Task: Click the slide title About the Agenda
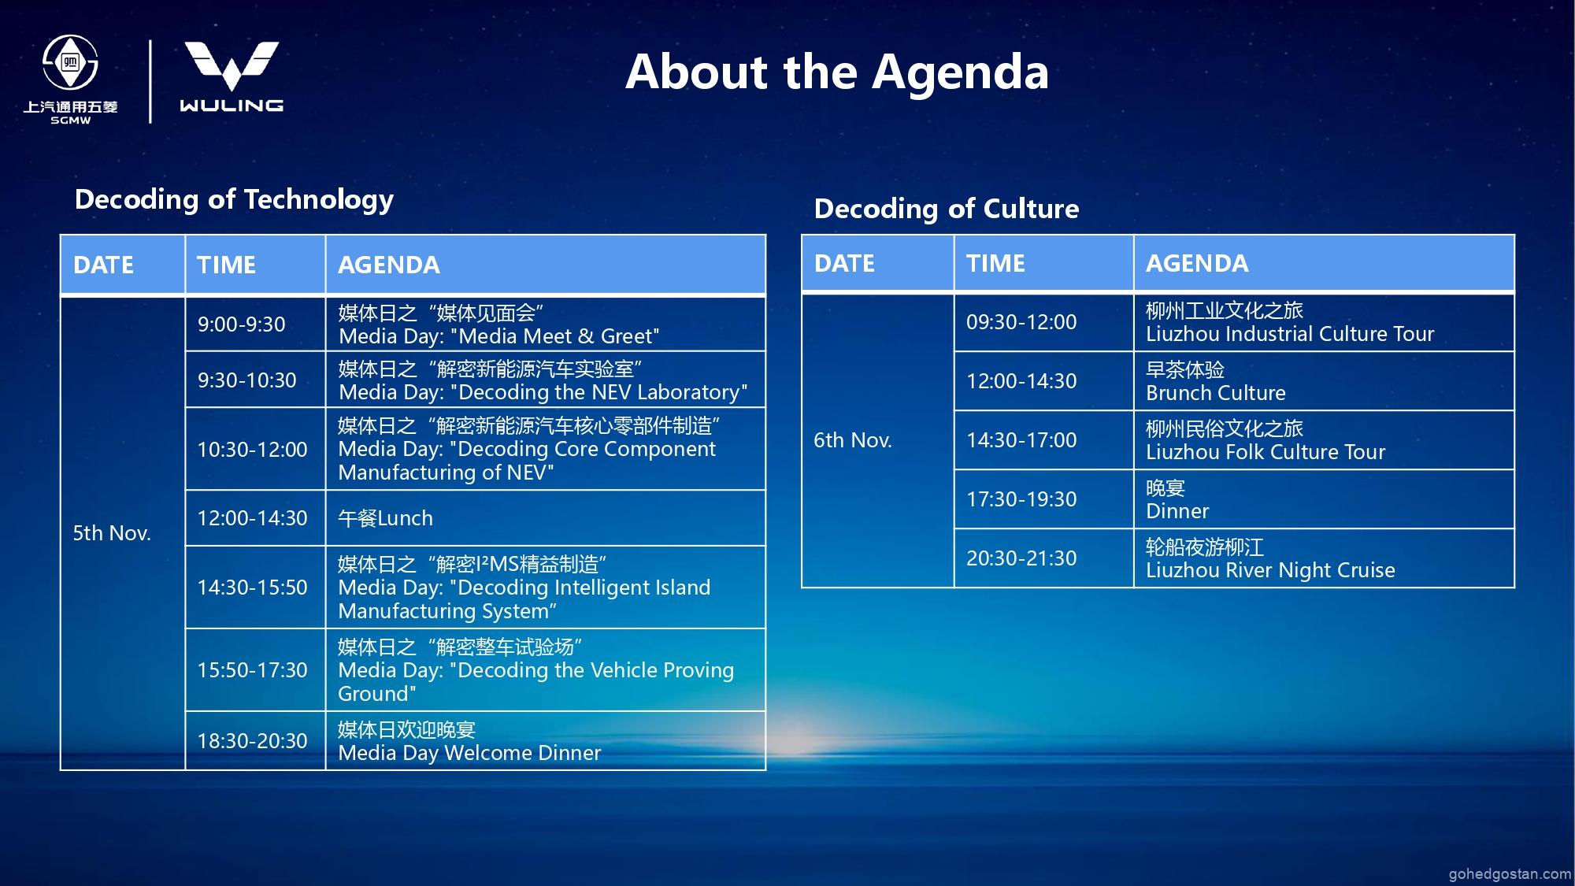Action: coord(837,72)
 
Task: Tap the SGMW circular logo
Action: coord(70,62)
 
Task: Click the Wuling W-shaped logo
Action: coord(232,65)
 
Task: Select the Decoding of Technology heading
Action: coord(234,200)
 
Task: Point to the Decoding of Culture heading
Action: coord(947,209)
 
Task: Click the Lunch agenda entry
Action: coord(386,518)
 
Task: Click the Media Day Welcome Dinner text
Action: coord(469,753)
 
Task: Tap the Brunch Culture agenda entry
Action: coord(1216,393)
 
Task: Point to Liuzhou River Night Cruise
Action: coord(1270,570)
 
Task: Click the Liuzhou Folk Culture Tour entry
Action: coord(1266,452)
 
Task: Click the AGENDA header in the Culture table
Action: coord(1197,263)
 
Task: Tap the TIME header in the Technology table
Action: coord(226,265)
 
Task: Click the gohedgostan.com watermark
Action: coord(1510,874)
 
